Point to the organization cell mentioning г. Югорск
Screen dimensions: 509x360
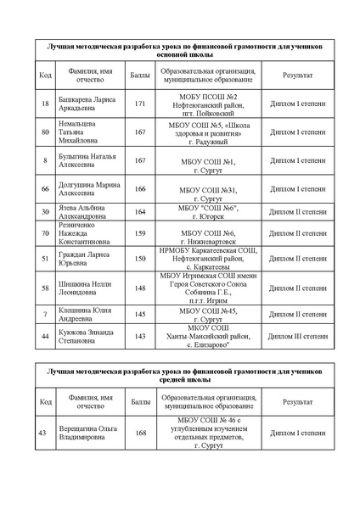tap(208, 210)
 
